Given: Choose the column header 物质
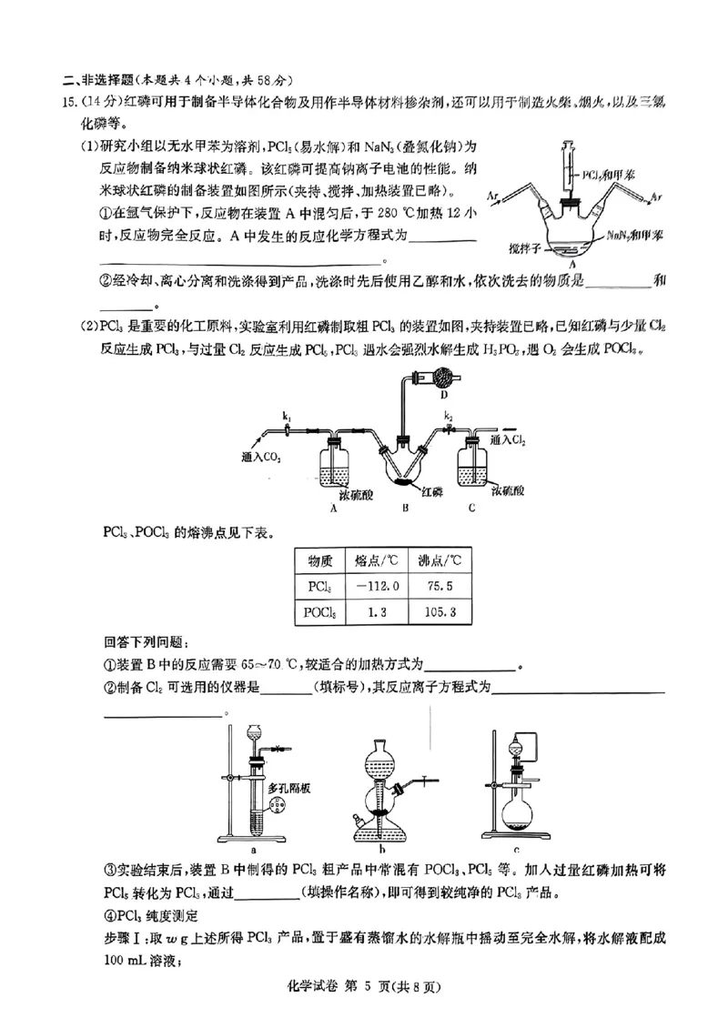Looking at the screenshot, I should [320, 559].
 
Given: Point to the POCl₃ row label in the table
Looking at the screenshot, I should [320, 614].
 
